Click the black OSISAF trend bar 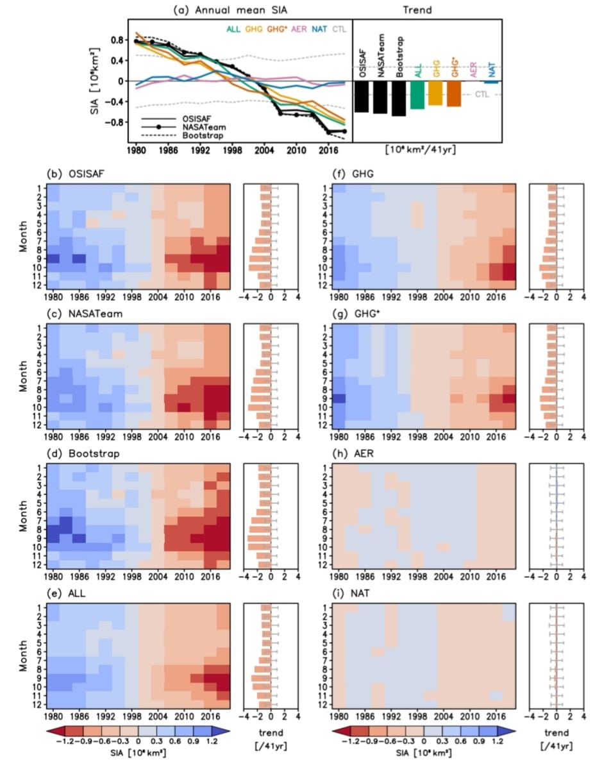[x=362, y=97]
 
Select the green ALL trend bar [x=417, y=95]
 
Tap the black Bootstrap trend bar [x=399, y=99]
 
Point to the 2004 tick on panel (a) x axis [x=262, y=151]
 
